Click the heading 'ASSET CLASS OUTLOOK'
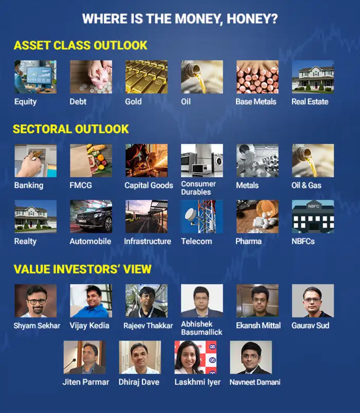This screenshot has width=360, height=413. pyautogui.click(x=80, y=45)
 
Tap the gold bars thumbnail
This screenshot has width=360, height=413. pyautogui.click(x=147, y=77)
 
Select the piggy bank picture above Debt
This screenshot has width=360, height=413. pyautogui.click(x=91, y=77)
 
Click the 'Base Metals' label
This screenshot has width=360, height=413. pyautogui.click(x=256, y=102)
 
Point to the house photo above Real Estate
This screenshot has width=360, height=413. pyautogui.click(x=313, y=77)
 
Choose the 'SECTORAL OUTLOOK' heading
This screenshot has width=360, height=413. pyautogui.click(x=70, y=129)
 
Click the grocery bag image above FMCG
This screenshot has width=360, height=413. pyautogui.click(x=91, y=160)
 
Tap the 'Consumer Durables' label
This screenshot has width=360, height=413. pyautogui.click(x=199, y=188)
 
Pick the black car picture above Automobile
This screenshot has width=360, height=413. pyautogui.click(x=91, y=216)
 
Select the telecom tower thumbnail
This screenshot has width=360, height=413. pyautogui.click(x=202, y=216)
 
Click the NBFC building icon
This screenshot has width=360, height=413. pyautogui.click(x=313, y=216)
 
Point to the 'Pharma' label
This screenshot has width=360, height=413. pyautogui.click(x=248, y=241)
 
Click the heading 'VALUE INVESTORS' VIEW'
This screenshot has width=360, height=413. pyautogui.click(x=83, y=269)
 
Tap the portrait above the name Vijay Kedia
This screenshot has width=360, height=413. pyautogui.click(x=91, y=301)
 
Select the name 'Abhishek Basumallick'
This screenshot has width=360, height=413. pyautogui.click(x=202, y=328)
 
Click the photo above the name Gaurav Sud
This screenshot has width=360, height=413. pyautogui.click(x=313, y=301)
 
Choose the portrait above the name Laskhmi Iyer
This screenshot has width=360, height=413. pyautogui.click(x=195, y=357)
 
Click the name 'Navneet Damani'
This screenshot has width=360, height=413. pyautogui.click(x=255, y=382)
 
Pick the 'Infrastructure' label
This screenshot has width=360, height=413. pyautogui.click(x=148, y=241)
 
